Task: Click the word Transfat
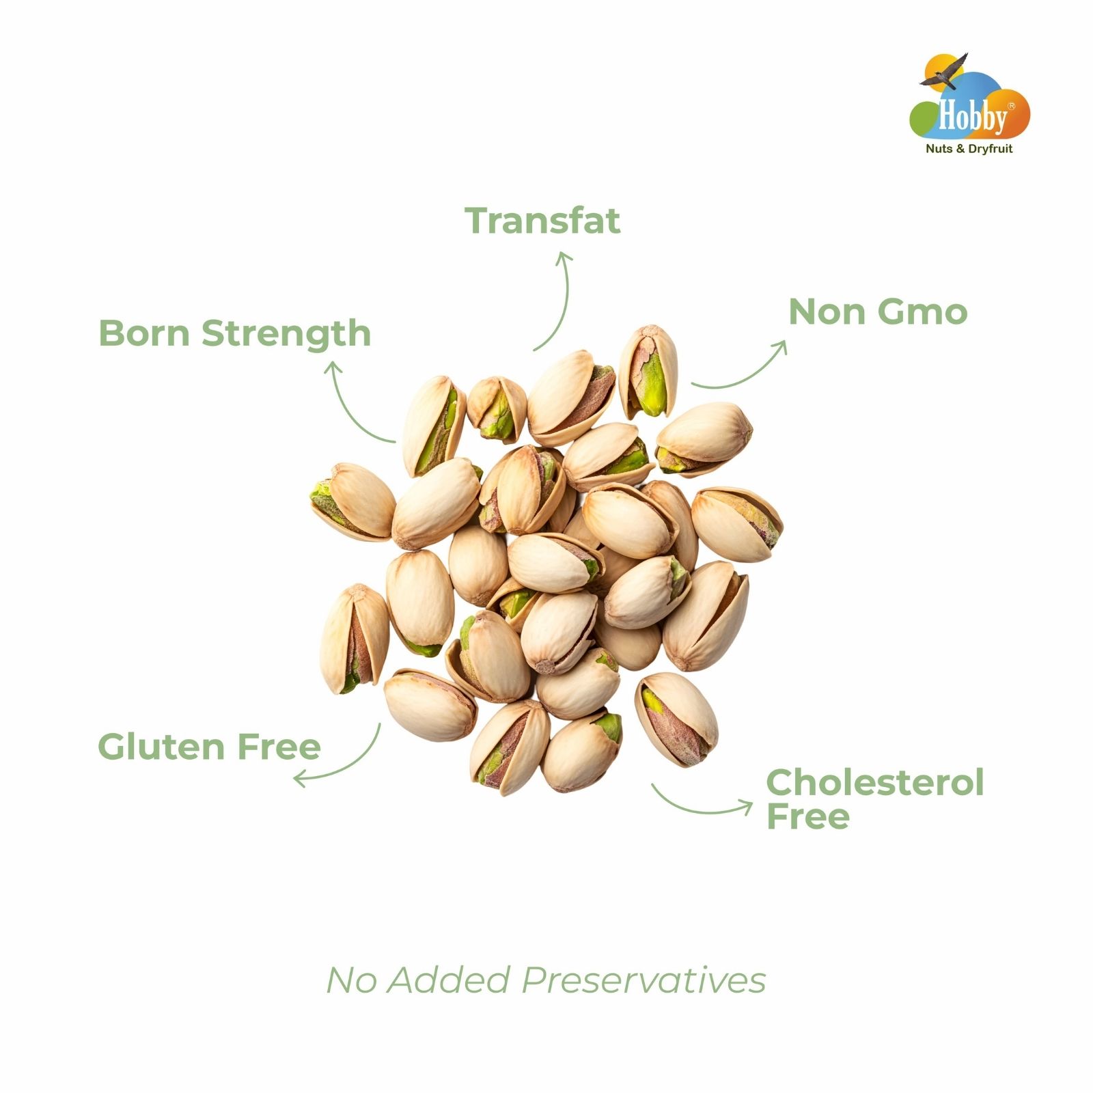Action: click(x=542, y=221)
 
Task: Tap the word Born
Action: click(x=145, y=333)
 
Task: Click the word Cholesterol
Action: click(x=875, y=782)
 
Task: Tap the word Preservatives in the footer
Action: click(x=644, y=980)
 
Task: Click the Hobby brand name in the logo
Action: click(x=973, y=116)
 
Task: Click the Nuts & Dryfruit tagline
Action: click(x=969, y=148)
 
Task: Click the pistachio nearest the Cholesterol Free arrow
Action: click(x=676, y=718)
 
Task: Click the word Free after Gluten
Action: click(x=279, y=746)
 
